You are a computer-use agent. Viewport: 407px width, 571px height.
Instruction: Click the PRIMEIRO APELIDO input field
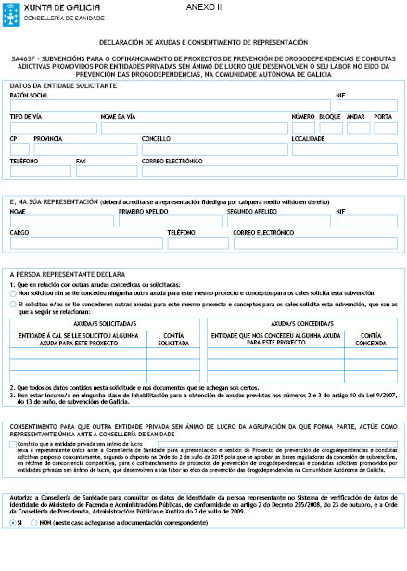171,247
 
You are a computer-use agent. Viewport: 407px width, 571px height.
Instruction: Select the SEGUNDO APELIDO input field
279,247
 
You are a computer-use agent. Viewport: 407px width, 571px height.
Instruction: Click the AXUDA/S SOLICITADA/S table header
97,325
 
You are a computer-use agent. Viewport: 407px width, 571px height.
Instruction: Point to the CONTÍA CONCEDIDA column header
371,338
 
